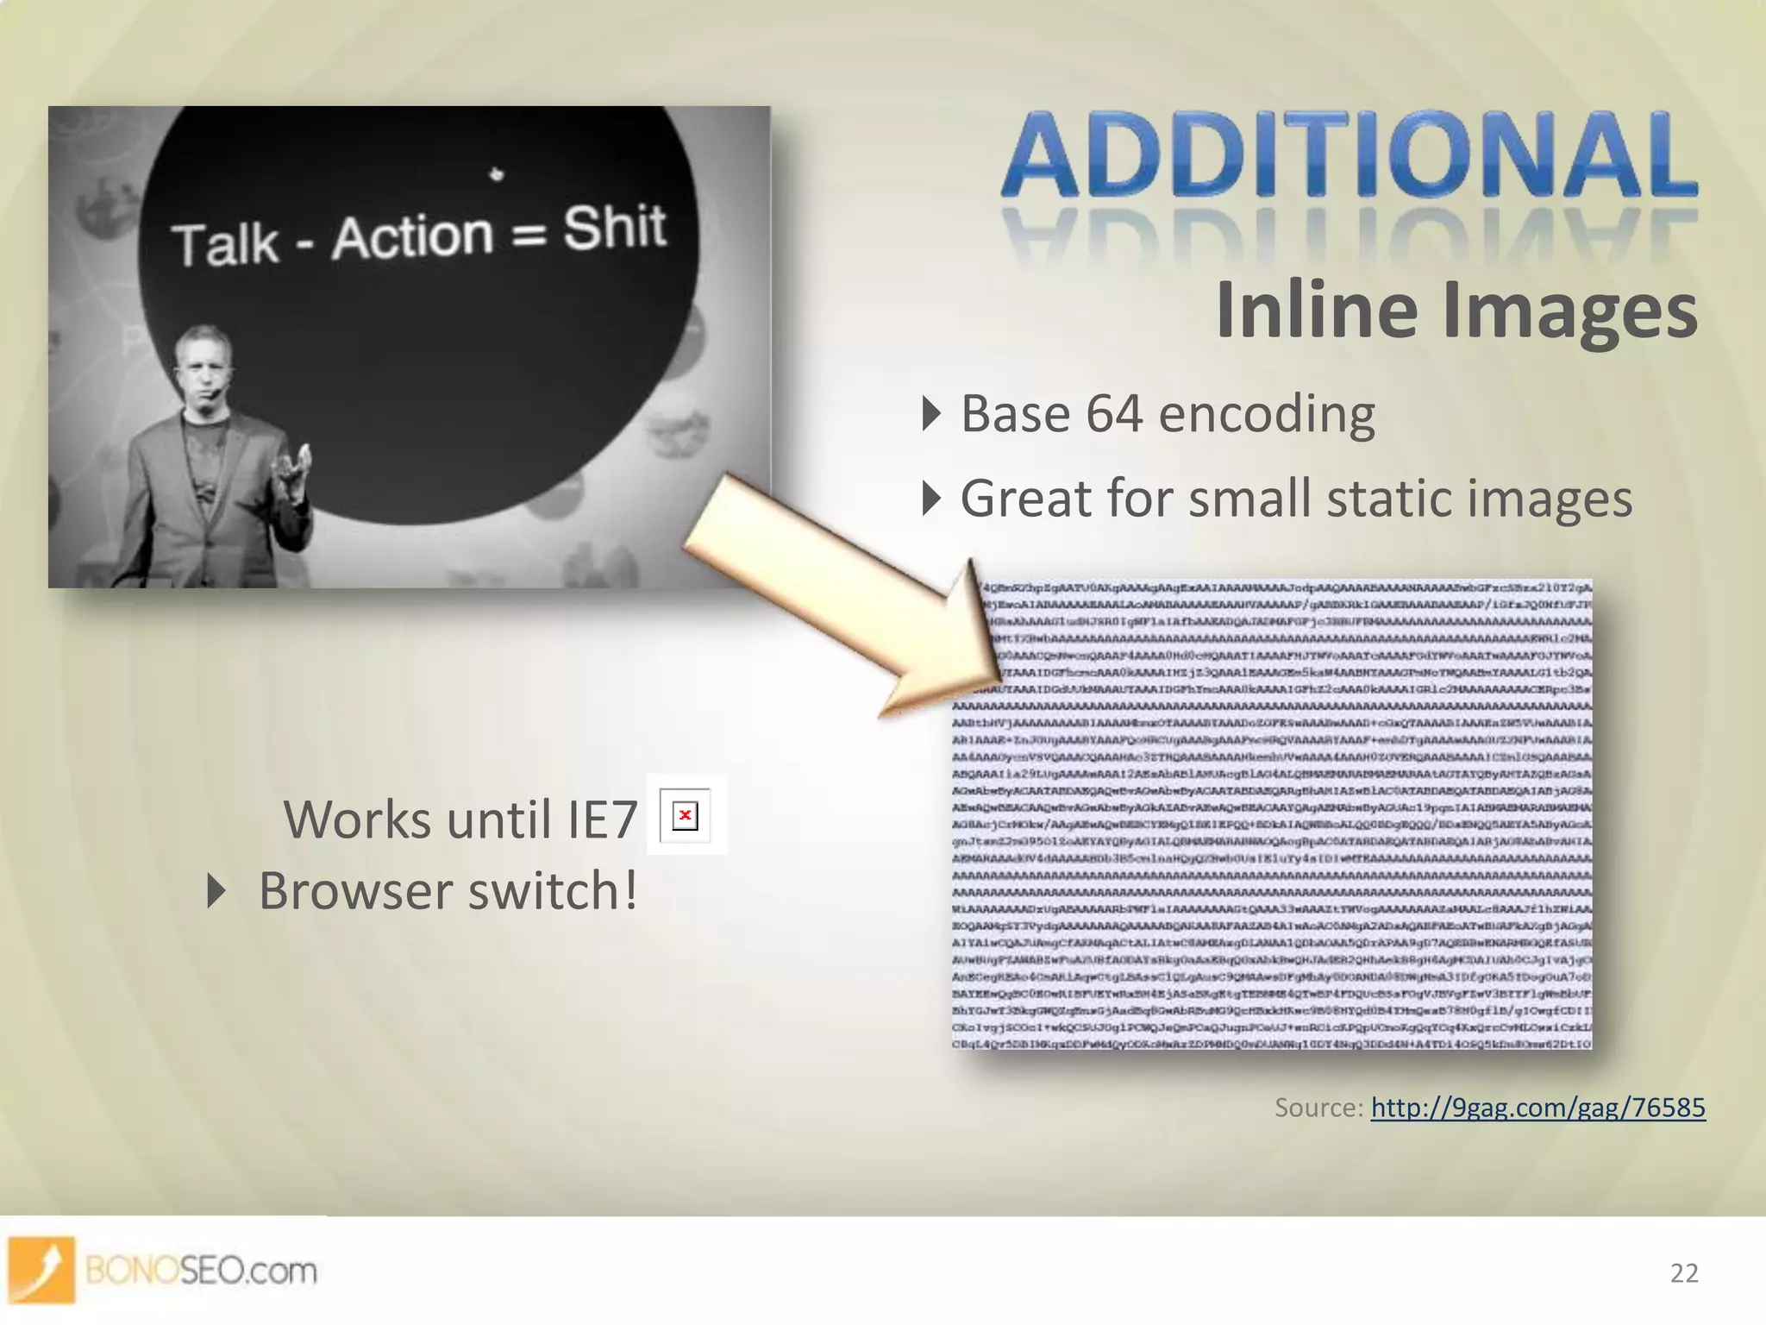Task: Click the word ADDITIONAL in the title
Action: pyautogui.click(x=1350, y=155)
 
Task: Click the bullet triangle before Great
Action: pyautogui.click(x=930, y=499)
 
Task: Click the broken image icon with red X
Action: pyautogui.click(x=686, y=815)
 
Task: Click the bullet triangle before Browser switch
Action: pyautogui.click(x=216, y=891)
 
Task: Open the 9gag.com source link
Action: pyautogui.click(x=1537, y=1108)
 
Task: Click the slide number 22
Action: pyautogui.click(x=1683, y=1273)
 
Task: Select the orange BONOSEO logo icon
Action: pyautogui.click(x=41, y=1269)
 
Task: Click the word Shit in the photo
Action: pyautogui.click(x=615, y=229)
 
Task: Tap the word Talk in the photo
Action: pyautogui.click(x=225, y=245)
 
